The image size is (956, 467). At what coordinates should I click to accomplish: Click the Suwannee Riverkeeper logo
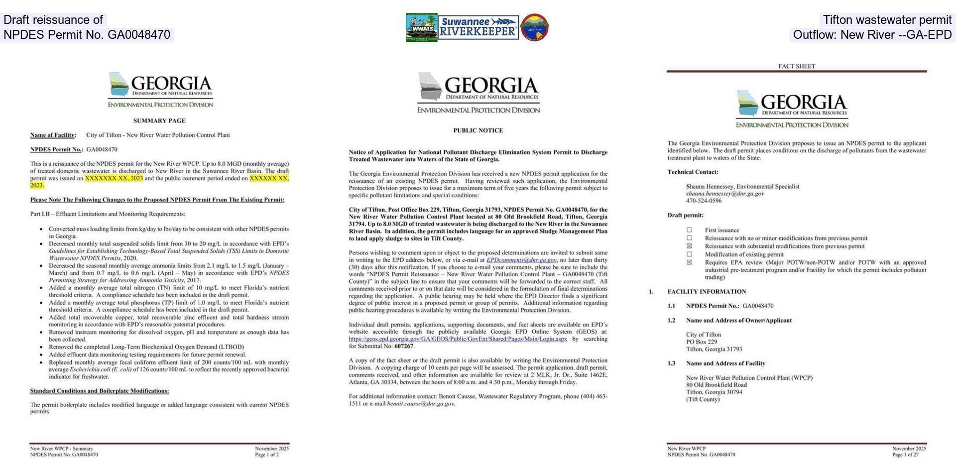click(x=478, y=27)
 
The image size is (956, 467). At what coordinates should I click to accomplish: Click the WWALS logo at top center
click(x=422, y=27)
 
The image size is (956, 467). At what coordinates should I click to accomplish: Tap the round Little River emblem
click(x=535, y=27)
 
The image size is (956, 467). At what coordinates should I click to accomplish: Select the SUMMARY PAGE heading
click(x=159, y=120)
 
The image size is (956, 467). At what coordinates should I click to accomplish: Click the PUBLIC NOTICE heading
click(x=478, y=130)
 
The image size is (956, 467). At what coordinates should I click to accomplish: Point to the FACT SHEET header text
click(x=797, y=66)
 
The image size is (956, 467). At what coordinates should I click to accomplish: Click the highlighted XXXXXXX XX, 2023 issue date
click(x=114, y=178)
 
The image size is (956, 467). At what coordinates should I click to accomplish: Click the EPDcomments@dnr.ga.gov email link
click(x=521, y=260)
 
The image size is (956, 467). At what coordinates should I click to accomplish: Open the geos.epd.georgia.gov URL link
click(x=458, y=339)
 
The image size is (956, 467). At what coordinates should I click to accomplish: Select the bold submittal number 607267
click(x=403, y=346)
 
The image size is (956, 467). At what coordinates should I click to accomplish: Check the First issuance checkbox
click(x=690, y=230)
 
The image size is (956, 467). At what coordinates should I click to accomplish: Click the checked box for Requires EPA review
click(x=690, y=262)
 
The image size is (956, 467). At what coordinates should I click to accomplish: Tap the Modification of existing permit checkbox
click(x=690, y=254)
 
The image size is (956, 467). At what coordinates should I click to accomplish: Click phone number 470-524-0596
click(x=704, y=201)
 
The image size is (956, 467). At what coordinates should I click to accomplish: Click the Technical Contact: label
click(x=693, y=172)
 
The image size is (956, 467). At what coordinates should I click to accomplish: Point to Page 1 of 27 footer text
click(x=905, y=455)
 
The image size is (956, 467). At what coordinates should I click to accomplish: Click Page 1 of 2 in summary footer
click(x=267, y=455)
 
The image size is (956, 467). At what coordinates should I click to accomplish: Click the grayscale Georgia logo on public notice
click(x=478, y=93)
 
